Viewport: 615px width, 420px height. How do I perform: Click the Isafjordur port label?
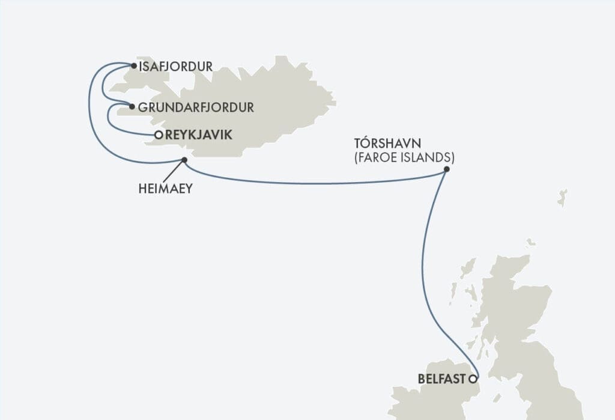coord(175,67)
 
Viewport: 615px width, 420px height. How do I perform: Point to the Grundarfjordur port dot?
coord(132,108)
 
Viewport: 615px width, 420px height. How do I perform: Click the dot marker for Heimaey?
coord(184,160)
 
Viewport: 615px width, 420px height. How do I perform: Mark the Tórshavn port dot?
coord(446,170)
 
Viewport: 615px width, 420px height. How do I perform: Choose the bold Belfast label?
coord(441,379)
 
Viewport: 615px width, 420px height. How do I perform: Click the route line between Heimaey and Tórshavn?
coord(312,183)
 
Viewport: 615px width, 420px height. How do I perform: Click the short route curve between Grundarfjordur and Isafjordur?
coord(104,87)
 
